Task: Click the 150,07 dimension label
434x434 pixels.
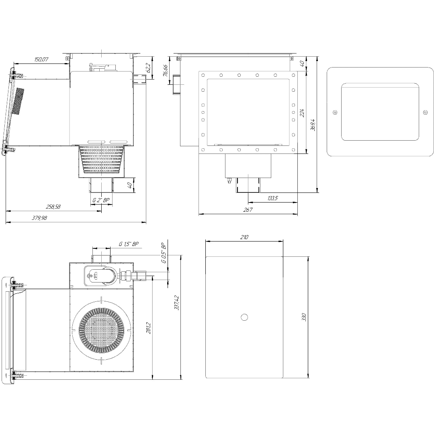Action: [41, 59]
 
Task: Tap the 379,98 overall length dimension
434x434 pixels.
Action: [39, 218]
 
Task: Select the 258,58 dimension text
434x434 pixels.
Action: [53, 207]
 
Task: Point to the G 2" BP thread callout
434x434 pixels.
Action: [101, 200]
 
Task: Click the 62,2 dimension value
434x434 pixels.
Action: [148, 68]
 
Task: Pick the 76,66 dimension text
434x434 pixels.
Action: [165, 71]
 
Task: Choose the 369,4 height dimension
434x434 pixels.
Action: [313, 125]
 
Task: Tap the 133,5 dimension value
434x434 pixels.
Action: [272, 198]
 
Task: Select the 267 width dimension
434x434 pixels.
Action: [248, 210]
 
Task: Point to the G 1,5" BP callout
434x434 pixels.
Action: [129, 244]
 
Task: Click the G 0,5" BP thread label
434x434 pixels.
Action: [164, 253]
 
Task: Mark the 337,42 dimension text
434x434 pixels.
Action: [176, 303]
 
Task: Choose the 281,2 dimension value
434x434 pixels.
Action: [148, 328]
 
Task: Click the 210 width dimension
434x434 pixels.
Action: [244, 237]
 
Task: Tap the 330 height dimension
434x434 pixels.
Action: [304, 317]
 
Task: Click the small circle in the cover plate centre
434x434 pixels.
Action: [244, 317]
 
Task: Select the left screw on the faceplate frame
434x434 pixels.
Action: [335, 112]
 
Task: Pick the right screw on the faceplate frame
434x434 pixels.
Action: [426, 112]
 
